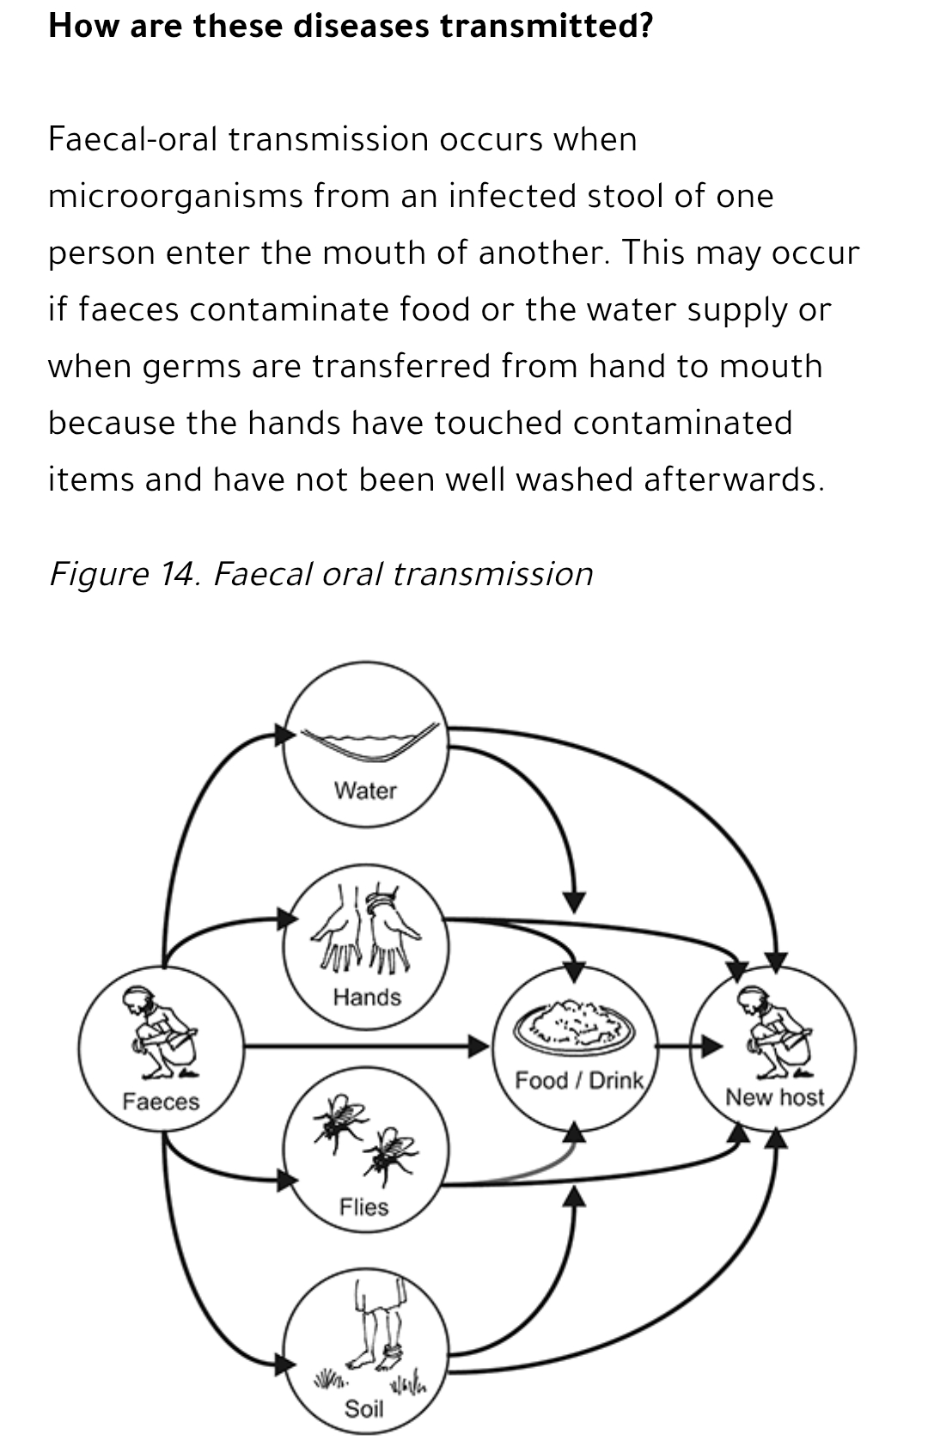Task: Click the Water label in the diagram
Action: pyautogui.click(x=365, y=791)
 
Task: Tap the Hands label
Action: pyautogui.click(x=367, y=997)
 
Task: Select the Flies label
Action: pyautogui.click(x=363, y=1207)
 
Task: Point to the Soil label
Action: pyautogui.click(x=363, y=1409)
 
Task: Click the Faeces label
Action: pyautogui.click(x=161, y=1102)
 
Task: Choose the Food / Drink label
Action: pyautogui.click(x=579, y=1080)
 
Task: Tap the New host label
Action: pyautogui.click(x=774, y=1097)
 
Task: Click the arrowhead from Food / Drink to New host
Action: pyautogui.click(x=711, y=1046)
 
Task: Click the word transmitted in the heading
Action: pyautogui.click(x=546, y=26)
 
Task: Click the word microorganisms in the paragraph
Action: pyautogui.click(x=175, y=196)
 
